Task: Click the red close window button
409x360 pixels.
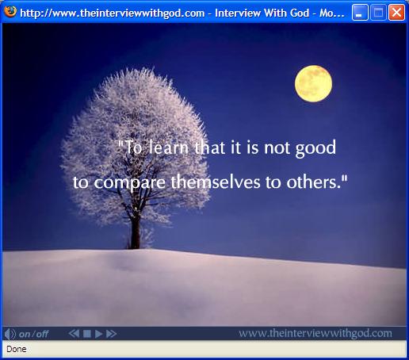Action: (x=396, y=12)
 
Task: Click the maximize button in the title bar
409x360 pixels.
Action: (x=378, y=12)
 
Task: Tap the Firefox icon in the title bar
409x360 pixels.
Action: (x=10, y=12)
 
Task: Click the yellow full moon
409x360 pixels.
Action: (x=313, y=83)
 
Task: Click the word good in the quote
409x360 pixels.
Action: (x=315, y=148)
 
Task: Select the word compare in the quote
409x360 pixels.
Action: (x=130, y=183)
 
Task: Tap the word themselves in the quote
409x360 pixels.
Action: (x=216, y=182)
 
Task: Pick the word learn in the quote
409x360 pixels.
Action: (x=168, y=147)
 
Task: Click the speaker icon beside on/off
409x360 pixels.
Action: (x=10, y=334)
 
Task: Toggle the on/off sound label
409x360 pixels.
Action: (x=33, y=334)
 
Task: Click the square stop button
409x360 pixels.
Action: (x=87, y=334)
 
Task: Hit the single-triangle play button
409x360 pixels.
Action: (x=98, y=334)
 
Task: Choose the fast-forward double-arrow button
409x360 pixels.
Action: (x=111, y=334)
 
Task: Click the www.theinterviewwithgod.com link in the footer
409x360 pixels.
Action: (x=315, y=334)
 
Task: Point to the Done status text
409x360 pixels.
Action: (x=17, y=349)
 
